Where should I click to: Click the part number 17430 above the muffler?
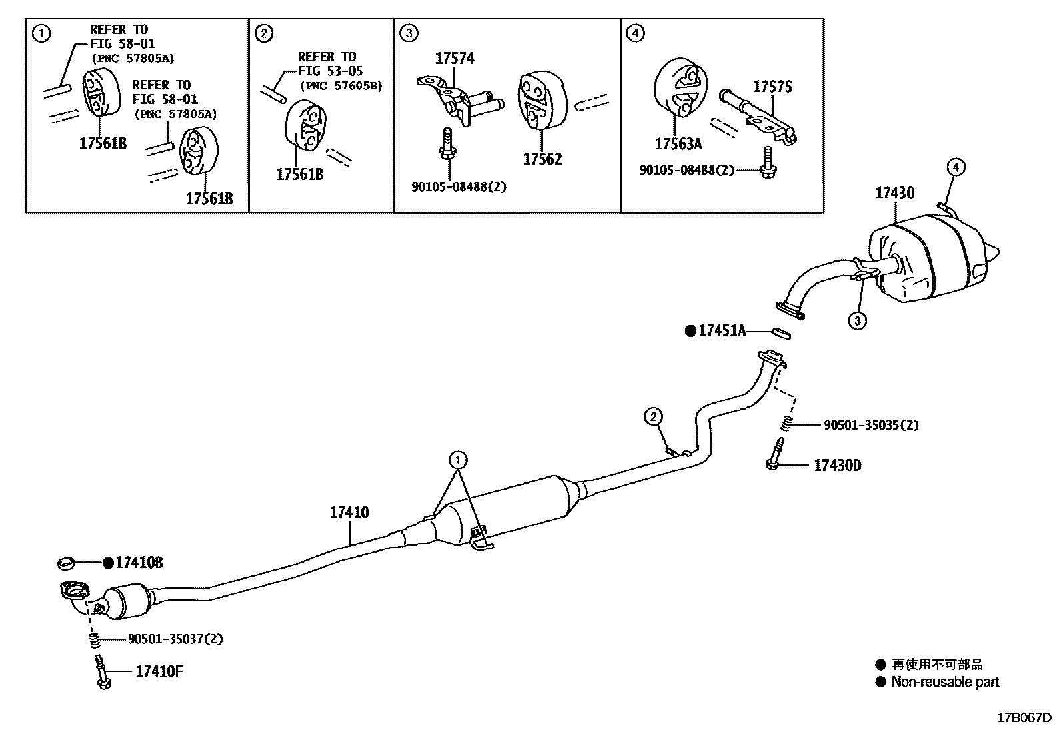894,193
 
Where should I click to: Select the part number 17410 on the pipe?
349,513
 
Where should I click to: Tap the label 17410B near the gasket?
139,563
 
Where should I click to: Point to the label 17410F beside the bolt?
159,671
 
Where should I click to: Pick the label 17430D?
837,465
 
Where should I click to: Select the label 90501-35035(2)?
870,425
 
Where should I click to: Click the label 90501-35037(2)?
175,639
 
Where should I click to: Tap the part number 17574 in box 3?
455,59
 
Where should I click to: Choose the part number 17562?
542,159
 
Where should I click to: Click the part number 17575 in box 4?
773,87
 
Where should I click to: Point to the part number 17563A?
678,144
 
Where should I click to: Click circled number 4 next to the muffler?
955,167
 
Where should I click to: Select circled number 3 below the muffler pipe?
858,321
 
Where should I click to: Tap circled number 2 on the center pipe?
653,418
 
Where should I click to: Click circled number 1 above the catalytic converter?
458,460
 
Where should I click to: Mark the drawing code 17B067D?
1024,718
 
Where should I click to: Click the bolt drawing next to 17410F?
102,672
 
